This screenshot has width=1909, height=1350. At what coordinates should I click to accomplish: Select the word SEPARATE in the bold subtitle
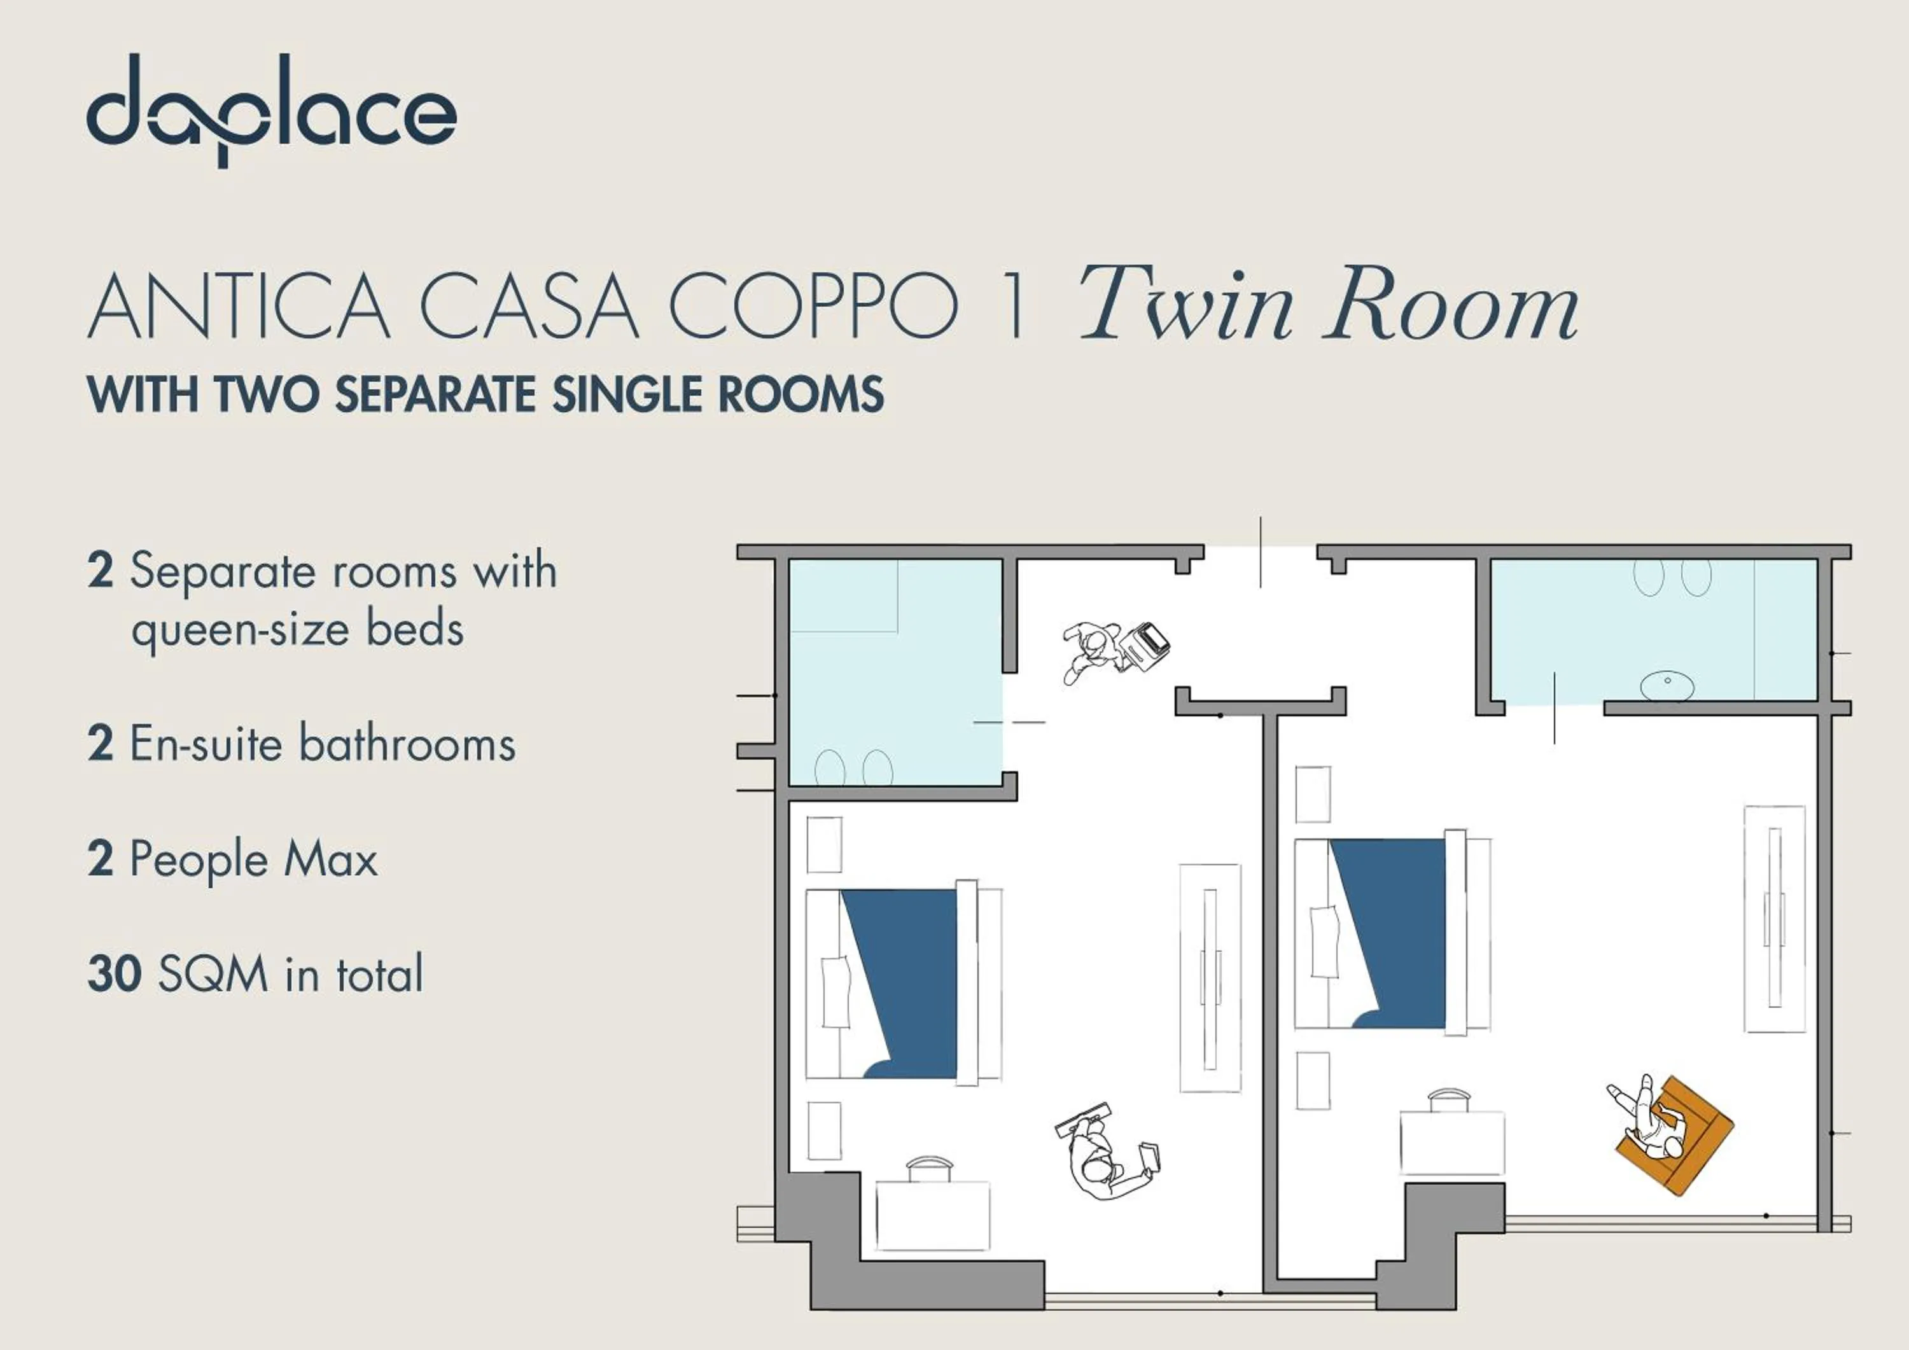(x=434, y=394)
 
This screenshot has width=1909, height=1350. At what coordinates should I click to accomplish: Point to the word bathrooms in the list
(x=407, y=743)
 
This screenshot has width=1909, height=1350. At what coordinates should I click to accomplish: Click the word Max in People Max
(x=331, y=859)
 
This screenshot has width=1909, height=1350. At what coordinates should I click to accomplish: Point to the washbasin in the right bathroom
(x=1667, y=686)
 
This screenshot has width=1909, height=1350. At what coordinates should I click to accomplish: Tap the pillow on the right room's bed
(x=1324, y=941)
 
